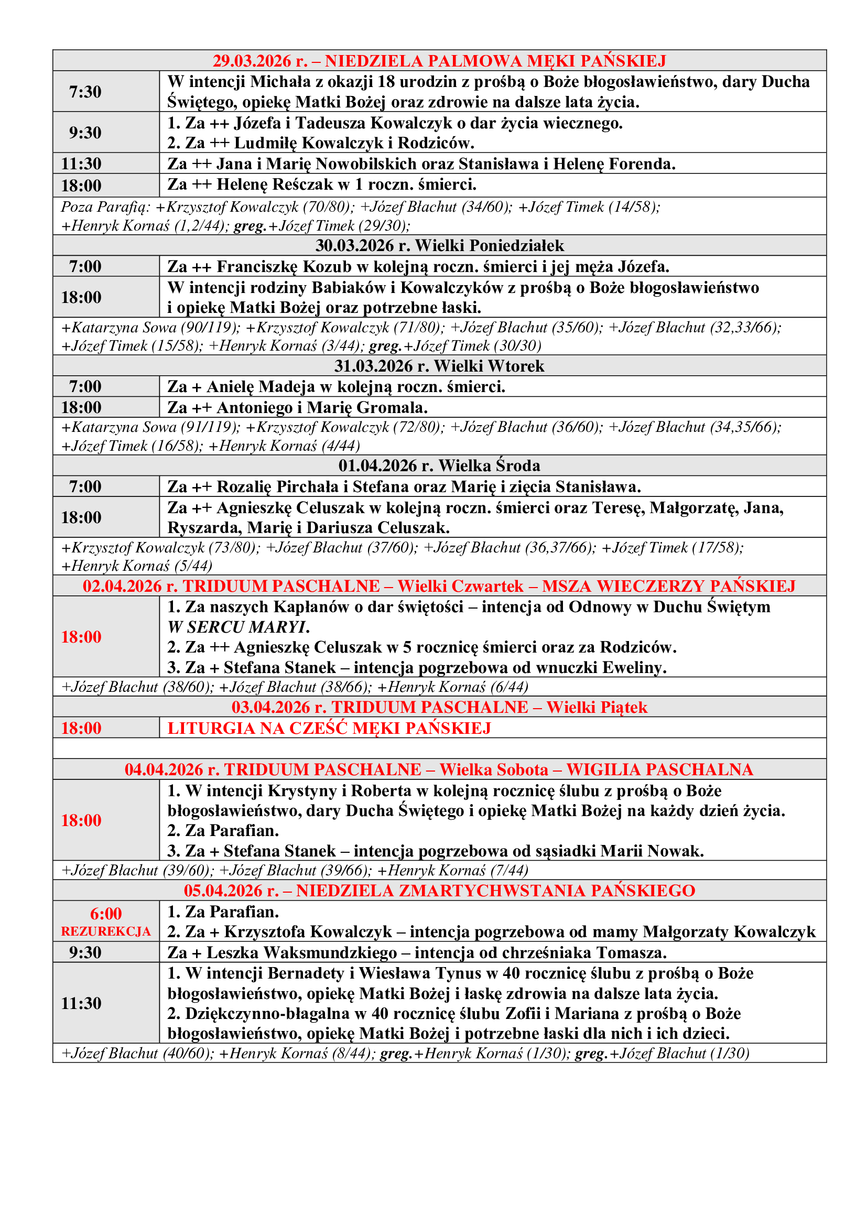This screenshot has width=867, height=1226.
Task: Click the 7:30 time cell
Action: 85,92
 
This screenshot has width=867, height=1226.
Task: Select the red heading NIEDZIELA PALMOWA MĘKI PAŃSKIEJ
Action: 495,61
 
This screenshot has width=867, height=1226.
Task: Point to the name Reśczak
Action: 302,185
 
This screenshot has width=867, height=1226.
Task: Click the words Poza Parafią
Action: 105,207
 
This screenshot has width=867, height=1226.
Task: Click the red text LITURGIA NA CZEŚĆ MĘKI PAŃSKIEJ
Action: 329,729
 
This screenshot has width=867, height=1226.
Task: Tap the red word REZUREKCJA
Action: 106,932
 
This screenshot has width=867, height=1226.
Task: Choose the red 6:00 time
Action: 106,914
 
